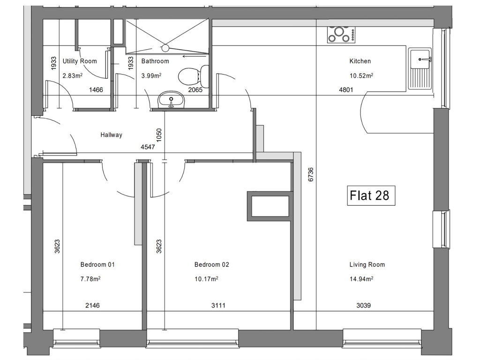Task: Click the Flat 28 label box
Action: [x=371, y=195]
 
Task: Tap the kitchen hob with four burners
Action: [x=341, y=35]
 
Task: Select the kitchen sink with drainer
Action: [x=420, y=69]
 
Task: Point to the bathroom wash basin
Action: [x=171, y=99]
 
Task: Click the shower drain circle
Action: [x=165, y=48]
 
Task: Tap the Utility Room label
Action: [x=80, y=61]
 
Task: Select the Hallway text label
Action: [x=112, y=135]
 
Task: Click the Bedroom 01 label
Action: [x=97, y=264]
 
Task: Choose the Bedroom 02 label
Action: [x=212, y=264]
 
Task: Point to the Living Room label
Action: [x=367, y=264]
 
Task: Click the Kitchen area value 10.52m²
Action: [x=361, y=75]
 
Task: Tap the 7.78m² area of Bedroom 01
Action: [x=90, y=279]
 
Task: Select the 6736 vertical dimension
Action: [x=311, y=174]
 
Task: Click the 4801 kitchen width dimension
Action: [x=346, y=90]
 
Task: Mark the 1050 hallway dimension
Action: [x=158, y=135]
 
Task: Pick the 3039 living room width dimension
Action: [x=364, y=305]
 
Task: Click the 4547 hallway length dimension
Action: [x=148, y=147]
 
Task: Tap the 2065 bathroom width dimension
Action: [x=195, y=90]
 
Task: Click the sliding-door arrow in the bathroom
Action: [x=195, y=56]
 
